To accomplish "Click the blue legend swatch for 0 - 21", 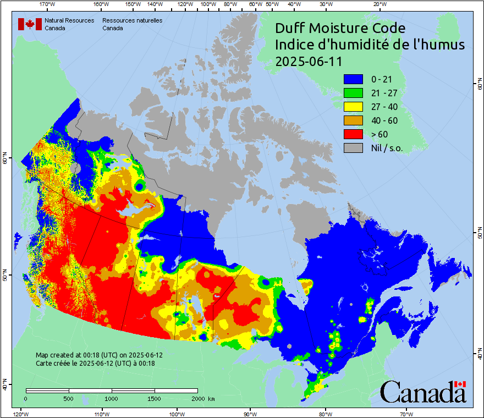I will [354, 79].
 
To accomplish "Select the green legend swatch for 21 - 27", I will [354, 93].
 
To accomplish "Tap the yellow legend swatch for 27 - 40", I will [354, 107].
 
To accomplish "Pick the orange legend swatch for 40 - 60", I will [354, 120].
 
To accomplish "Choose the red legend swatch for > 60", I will [354, 134].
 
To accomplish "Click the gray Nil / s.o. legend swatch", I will [354, 148].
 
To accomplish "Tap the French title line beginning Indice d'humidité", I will [370, 45].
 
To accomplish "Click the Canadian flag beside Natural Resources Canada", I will [30, 24].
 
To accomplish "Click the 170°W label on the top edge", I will [48, 4].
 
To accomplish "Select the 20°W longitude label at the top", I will [378, 4].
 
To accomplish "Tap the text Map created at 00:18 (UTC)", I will [99, 355].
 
